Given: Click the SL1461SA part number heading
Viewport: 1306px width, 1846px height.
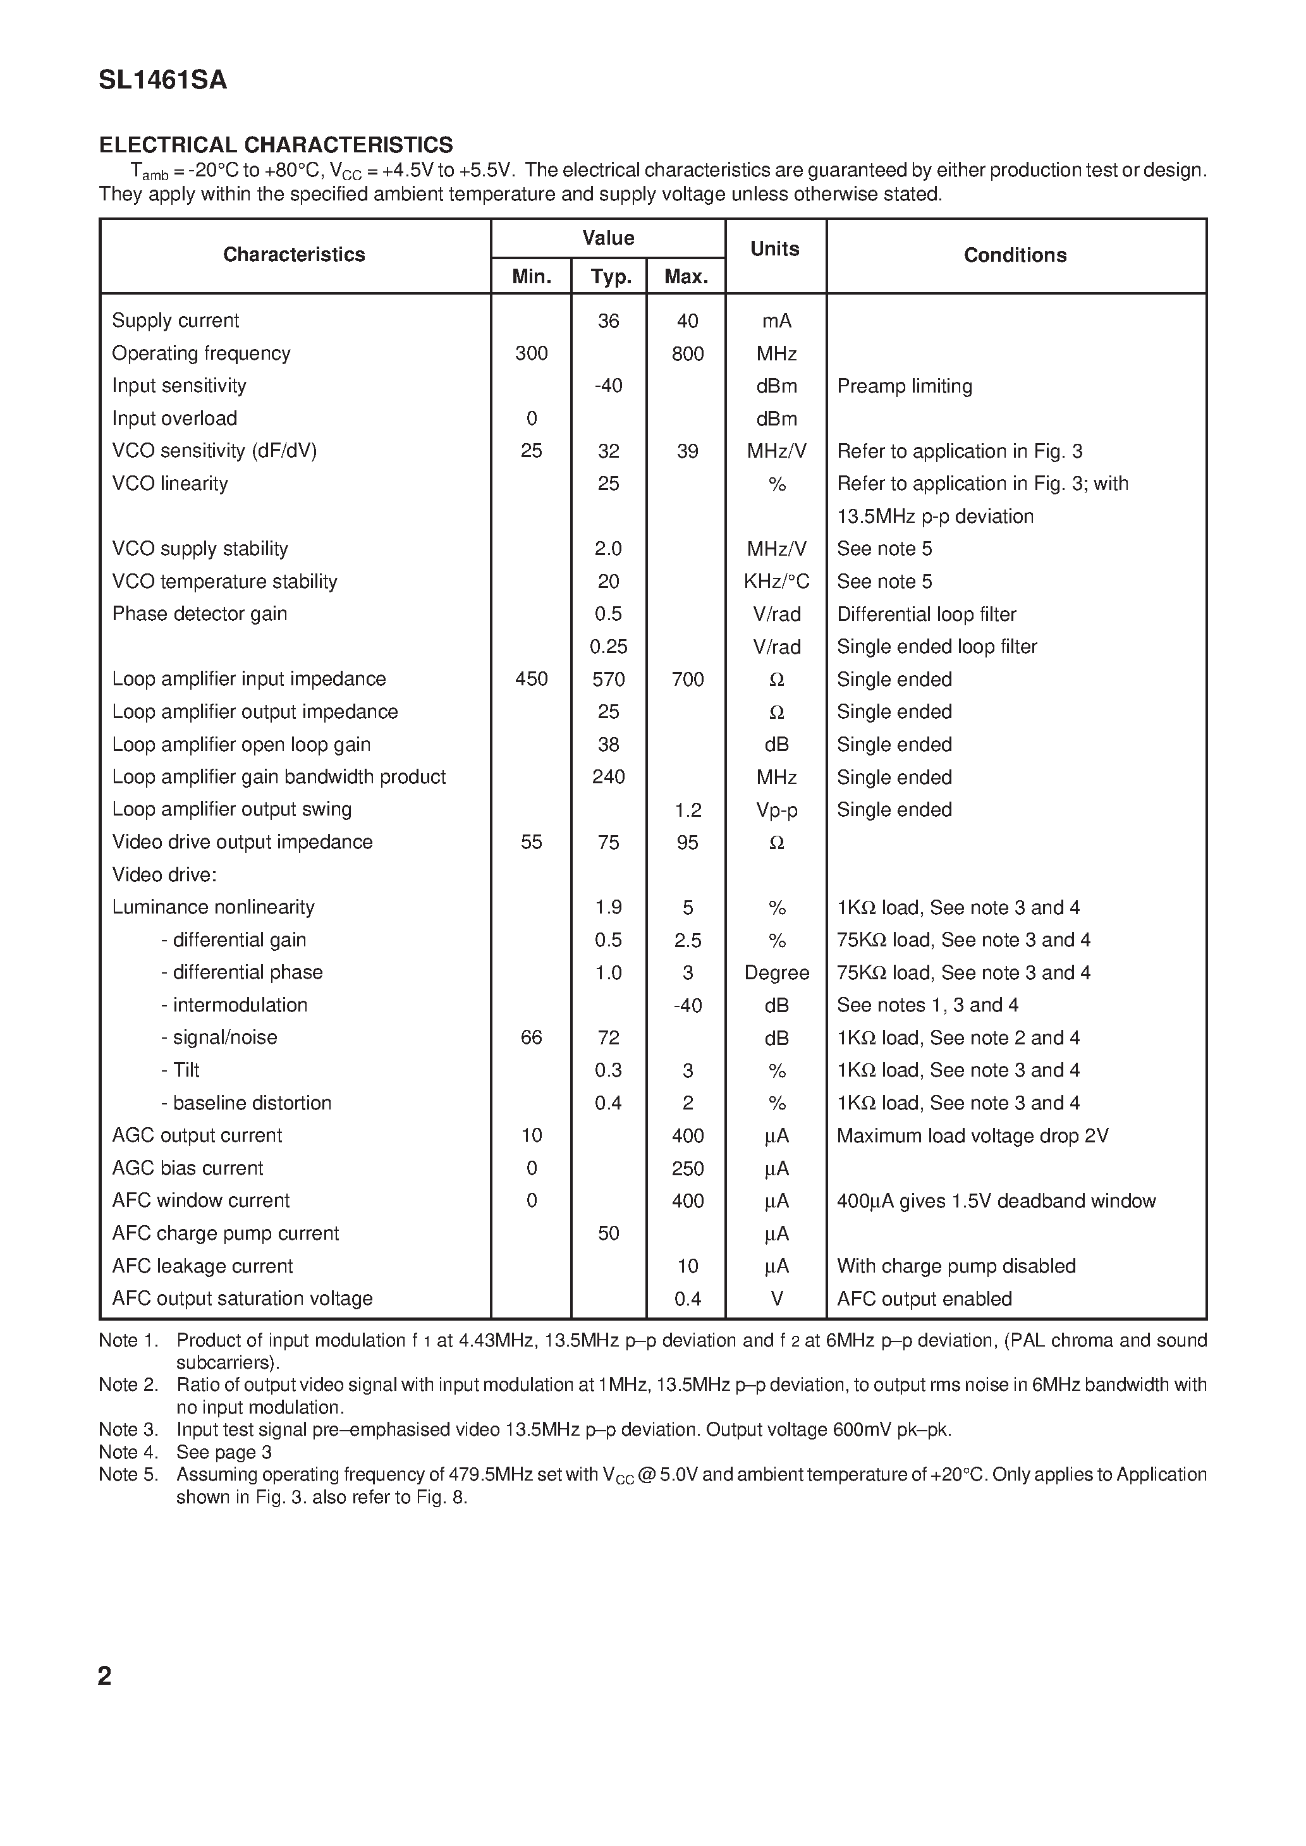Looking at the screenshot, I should pos(162,80).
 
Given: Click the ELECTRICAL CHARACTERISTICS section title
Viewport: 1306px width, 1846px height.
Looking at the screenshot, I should pos(276,145).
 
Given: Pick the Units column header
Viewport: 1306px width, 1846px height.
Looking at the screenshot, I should pos(774,248).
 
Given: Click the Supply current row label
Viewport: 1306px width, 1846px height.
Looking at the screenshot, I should pos(175,320).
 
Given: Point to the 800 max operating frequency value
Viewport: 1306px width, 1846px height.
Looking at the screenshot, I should pos(688,354).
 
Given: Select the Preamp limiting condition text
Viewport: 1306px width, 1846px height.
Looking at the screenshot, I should pos(904,386).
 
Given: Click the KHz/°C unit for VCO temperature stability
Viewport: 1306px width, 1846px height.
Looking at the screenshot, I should pos(776,581).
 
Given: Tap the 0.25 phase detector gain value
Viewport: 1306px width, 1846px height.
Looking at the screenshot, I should pos(608,647).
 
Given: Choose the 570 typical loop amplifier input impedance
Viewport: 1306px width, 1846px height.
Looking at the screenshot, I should pos(608,680).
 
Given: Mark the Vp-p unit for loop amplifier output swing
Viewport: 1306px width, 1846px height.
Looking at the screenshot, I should pos(776,810).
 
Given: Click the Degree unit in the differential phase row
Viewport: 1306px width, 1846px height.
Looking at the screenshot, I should pos(776,973).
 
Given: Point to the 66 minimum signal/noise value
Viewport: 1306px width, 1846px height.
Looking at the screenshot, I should pos(531,1037).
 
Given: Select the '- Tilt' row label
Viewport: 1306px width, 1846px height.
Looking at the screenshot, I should pos(180,1070).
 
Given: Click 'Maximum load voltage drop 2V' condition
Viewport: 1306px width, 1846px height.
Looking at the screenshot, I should pos(972,1135).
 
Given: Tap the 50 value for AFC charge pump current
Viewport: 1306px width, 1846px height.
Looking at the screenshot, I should pos(608,1233).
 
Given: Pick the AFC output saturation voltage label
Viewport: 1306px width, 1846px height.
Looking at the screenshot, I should pos(242,1299).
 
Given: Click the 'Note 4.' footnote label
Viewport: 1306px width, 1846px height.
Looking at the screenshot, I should pos(128,1452).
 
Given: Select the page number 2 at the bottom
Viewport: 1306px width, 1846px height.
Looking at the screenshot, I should pos(104,1677).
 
